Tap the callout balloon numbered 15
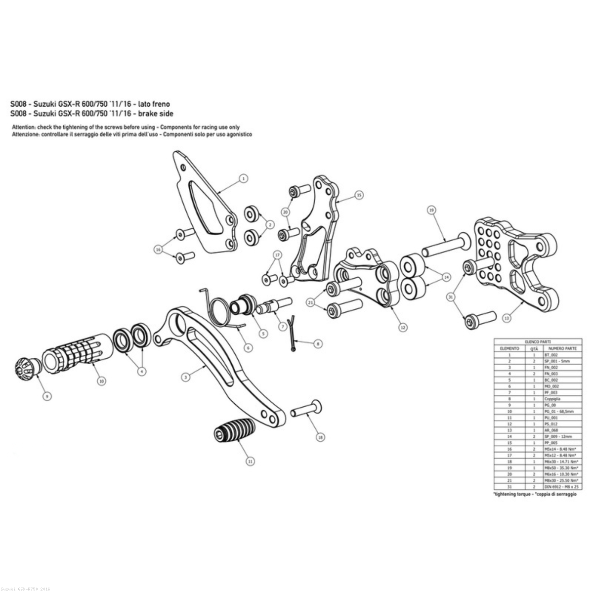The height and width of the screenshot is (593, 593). (359, 195)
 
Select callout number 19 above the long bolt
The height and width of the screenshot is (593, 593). (431, 210)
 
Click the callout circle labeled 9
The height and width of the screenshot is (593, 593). (48, 396)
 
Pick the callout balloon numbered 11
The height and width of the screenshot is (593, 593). (250, 461)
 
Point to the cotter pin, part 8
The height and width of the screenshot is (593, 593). (293, 333)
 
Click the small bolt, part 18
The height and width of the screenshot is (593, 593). (306, 410)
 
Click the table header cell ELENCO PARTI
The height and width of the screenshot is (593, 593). (538, 341)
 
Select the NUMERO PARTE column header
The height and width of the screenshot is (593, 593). (559, 348)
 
